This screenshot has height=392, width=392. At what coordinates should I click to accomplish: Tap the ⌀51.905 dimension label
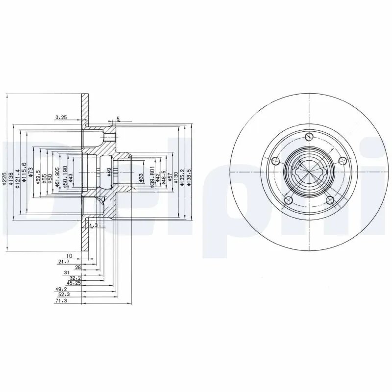click(x=58, y=177)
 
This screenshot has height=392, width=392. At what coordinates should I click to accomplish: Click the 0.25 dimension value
click(x=61, y=117)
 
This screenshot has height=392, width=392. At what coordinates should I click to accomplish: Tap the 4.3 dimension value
click(x=93, y=225)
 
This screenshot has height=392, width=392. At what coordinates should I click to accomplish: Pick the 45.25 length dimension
click(x=73, y=283)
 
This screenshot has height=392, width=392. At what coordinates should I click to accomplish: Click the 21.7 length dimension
click(x=64, y=262)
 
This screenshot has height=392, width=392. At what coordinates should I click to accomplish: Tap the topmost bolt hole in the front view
click(x=309, y=137)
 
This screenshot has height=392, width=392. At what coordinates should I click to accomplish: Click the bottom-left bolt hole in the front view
click(x=289, y=199)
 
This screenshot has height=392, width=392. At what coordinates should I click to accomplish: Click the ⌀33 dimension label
click(x=141, y=177)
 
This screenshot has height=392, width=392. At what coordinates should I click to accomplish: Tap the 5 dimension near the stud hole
click(x=118, y=119)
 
